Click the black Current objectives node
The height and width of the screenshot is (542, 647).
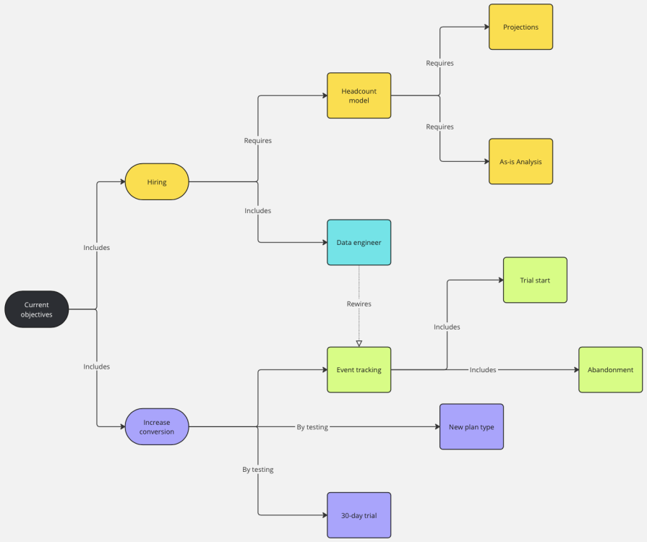[37, 309]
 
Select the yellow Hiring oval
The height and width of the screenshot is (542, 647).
[157, 182]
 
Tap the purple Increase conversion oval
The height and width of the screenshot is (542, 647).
[157, 426]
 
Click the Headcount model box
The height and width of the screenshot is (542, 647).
[359, 95]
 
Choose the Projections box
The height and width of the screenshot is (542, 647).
[520, 27]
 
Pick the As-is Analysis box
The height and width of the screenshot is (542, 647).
[520, 161]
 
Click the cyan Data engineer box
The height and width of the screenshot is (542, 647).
[359, 242]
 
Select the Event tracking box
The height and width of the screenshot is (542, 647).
[359, 369]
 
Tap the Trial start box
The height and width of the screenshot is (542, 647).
[535, 280]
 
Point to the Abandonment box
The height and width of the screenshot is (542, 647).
[610, 369]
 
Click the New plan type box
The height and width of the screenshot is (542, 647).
[471, 426]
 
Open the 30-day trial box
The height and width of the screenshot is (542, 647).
[359, 515]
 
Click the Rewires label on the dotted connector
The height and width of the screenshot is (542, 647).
[359, 304]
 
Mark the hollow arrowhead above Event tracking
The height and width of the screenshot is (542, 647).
[359, 343]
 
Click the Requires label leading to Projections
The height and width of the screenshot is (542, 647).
[440, 63]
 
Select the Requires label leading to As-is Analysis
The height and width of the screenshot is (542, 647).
[440, 126]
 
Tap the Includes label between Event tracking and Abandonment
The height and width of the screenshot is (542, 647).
[483, 369]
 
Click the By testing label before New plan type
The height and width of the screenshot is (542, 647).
[312, 427]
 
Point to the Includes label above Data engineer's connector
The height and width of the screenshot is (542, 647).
[258, 210]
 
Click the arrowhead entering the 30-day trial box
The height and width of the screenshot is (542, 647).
[323, 515]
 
